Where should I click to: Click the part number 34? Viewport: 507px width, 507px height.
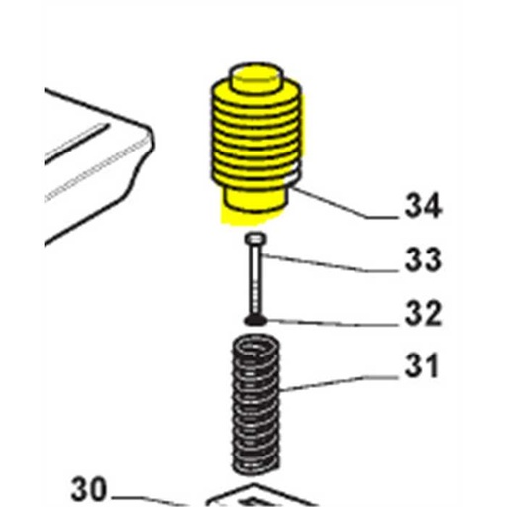point(423,206)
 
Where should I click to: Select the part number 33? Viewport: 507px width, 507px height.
point(423,259)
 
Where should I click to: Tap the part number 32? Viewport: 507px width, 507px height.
point(423,312)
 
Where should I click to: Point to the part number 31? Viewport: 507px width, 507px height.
point(422,365)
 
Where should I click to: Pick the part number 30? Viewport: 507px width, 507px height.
point(88,489)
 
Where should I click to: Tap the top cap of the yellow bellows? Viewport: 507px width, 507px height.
point(256,79)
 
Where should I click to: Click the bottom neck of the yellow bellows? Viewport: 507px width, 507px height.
point(254,200)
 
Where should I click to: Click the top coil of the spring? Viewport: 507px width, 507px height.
point(255,348)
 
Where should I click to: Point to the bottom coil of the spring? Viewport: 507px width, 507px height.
point(255,463)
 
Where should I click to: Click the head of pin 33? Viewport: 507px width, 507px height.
point(255,238)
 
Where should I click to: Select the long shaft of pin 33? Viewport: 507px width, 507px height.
point(255,279)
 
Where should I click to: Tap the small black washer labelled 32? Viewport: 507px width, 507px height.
point(255,320)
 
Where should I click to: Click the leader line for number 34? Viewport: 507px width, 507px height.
point(345,204)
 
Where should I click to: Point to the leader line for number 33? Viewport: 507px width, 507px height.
point(330,263)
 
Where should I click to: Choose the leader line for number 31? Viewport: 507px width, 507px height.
point(339,383)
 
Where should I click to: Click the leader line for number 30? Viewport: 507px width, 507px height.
point(149,499)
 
